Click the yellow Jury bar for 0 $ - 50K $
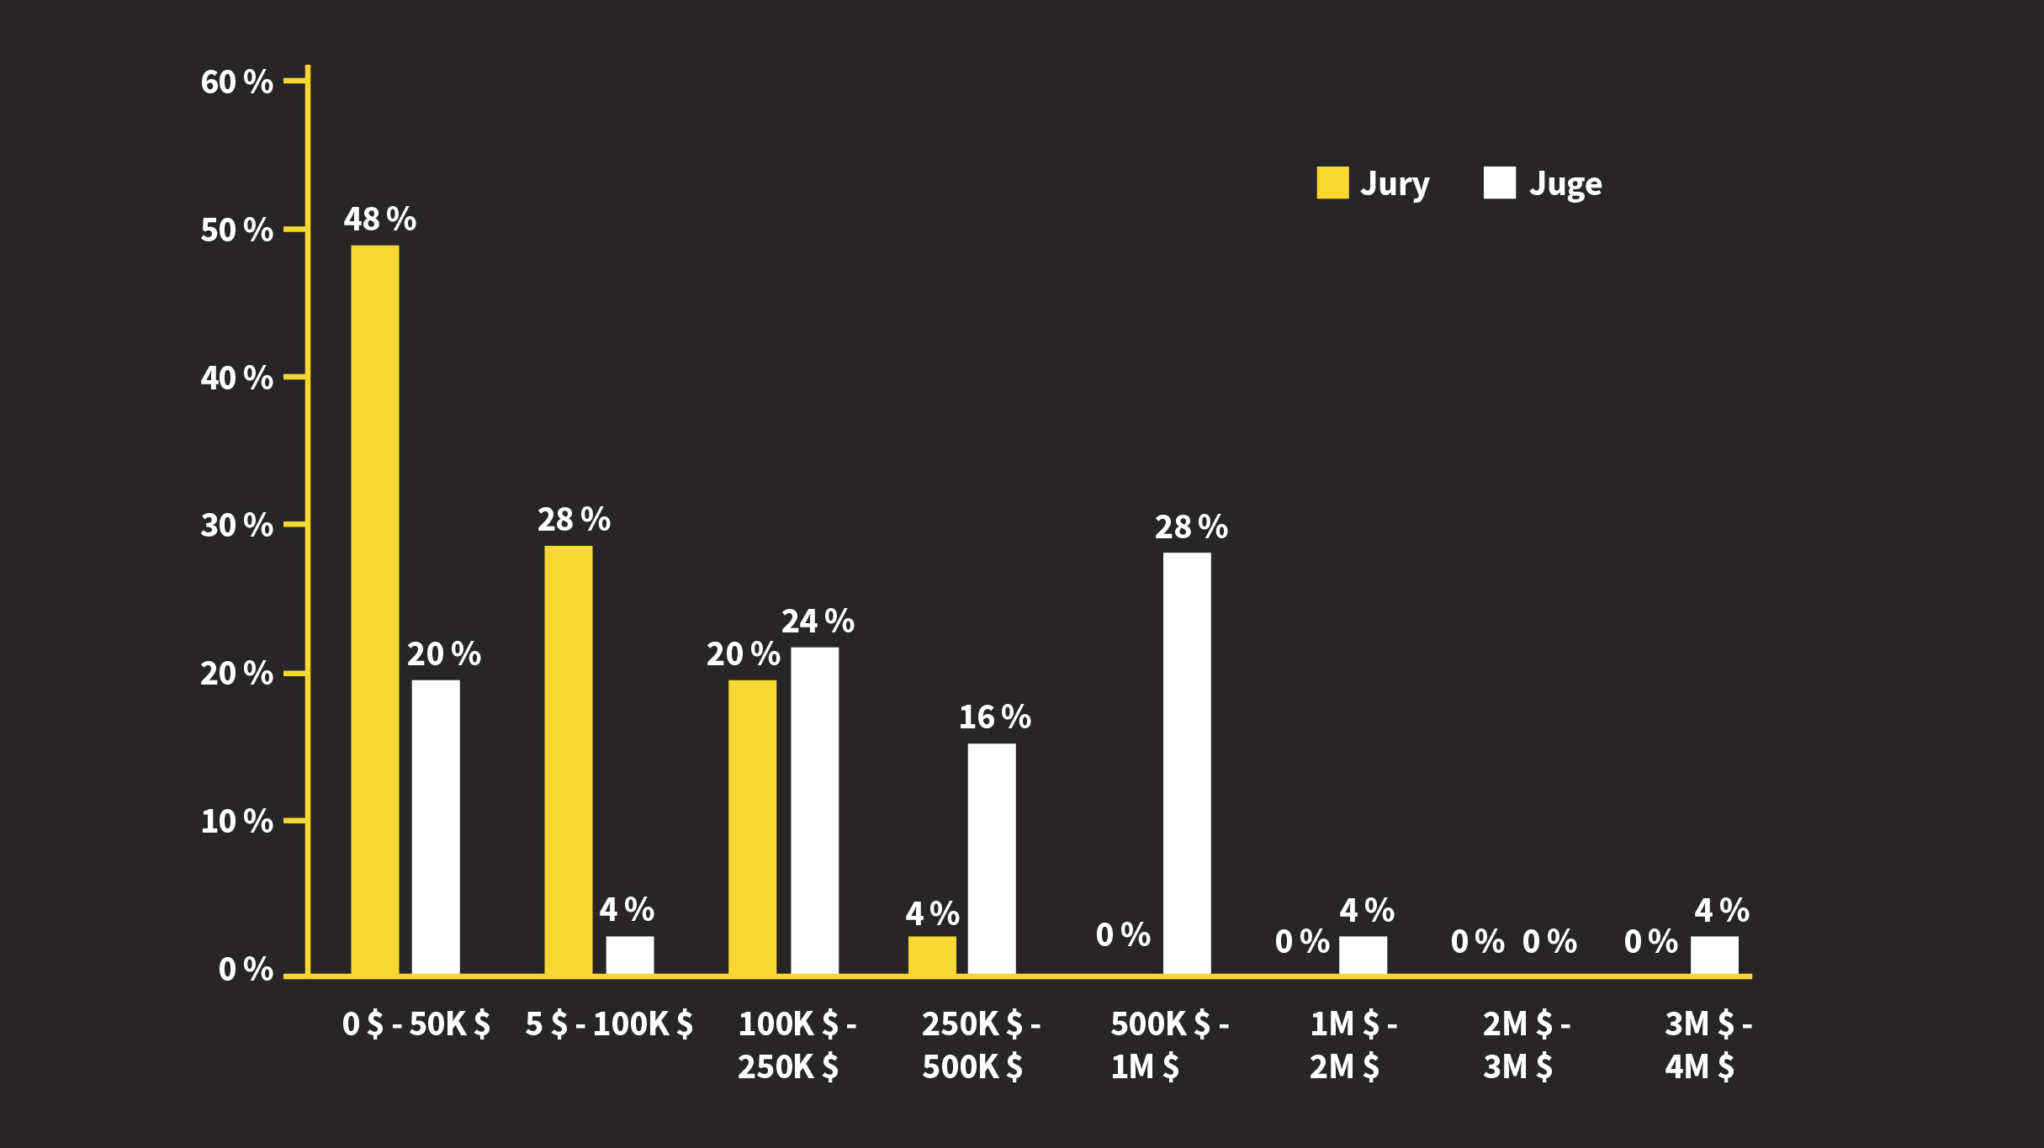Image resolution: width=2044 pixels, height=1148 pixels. [x=374, y=610]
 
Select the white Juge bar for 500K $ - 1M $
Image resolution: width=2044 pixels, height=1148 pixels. [x=1187, y=763]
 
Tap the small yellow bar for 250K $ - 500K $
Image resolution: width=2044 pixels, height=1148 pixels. [x=932, y=955]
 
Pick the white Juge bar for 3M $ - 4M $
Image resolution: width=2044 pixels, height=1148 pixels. [x=1714, y=955]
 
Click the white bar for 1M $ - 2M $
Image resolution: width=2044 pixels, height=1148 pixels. [x=1363, y=955]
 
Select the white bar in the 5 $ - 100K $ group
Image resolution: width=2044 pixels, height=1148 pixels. [x=630, y=955]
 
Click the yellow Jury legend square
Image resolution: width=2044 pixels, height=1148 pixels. [x=1332, y=183]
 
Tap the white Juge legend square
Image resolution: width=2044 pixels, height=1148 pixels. [x=1499, y=183]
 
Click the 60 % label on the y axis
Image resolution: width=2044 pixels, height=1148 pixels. [x=236, y=82]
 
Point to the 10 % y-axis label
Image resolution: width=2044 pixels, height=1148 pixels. [x=236, y=822]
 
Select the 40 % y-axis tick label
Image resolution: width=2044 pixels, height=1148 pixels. [x=236, y=378]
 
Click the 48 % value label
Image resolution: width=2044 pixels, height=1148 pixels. [x=379, y=220]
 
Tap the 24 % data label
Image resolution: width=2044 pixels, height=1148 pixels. [x=818, y=622]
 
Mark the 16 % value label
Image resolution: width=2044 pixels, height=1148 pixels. [x=994, y=717]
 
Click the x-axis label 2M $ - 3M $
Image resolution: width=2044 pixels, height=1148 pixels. [x=1525, y=1045]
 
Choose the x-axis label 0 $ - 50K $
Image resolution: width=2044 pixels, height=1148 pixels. [x=416, y=1024]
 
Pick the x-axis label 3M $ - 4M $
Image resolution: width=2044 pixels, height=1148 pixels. [x=1708, y=1045]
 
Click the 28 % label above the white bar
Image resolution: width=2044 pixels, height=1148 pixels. [x=1191, y=527]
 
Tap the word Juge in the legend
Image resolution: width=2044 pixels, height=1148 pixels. [x=1565, y=184]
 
